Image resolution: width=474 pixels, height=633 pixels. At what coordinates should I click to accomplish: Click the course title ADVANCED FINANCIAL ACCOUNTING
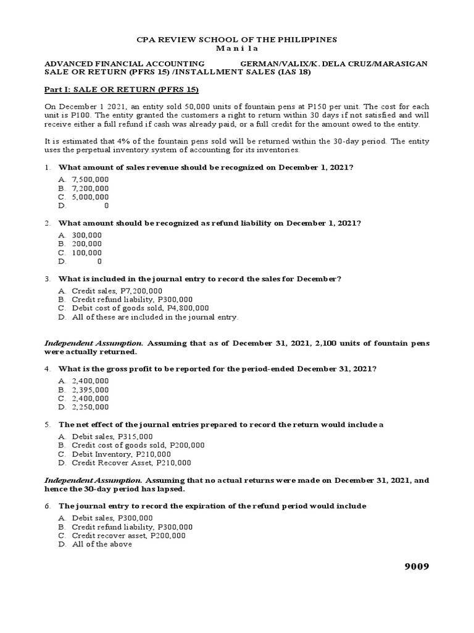click(124, 64)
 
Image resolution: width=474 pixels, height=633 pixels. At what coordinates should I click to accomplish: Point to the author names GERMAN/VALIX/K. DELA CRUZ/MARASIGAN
click(333, 64)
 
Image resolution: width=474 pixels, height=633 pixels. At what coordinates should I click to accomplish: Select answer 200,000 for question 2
click(87, 244)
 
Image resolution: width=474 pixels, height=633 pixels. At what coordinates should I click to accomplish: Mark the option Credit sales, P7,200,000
click(117, 291)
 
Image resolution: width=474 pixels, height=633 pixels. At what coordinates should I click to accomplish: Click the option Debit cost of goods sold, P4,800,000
click(140, 308)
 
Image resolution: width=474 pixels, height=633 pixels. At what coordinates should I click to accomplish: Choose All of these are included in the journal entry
click(154, 316)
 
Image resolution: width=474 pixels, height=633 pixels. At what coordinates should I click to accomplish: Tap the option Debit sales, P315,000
click(112, 436)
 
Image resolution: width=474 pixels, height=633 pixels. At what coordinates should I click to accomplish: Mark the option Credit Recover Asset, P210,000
click(131, 462)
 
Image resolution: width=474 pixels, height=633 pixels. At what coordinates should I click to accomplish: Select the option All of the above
click(101, 544)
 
